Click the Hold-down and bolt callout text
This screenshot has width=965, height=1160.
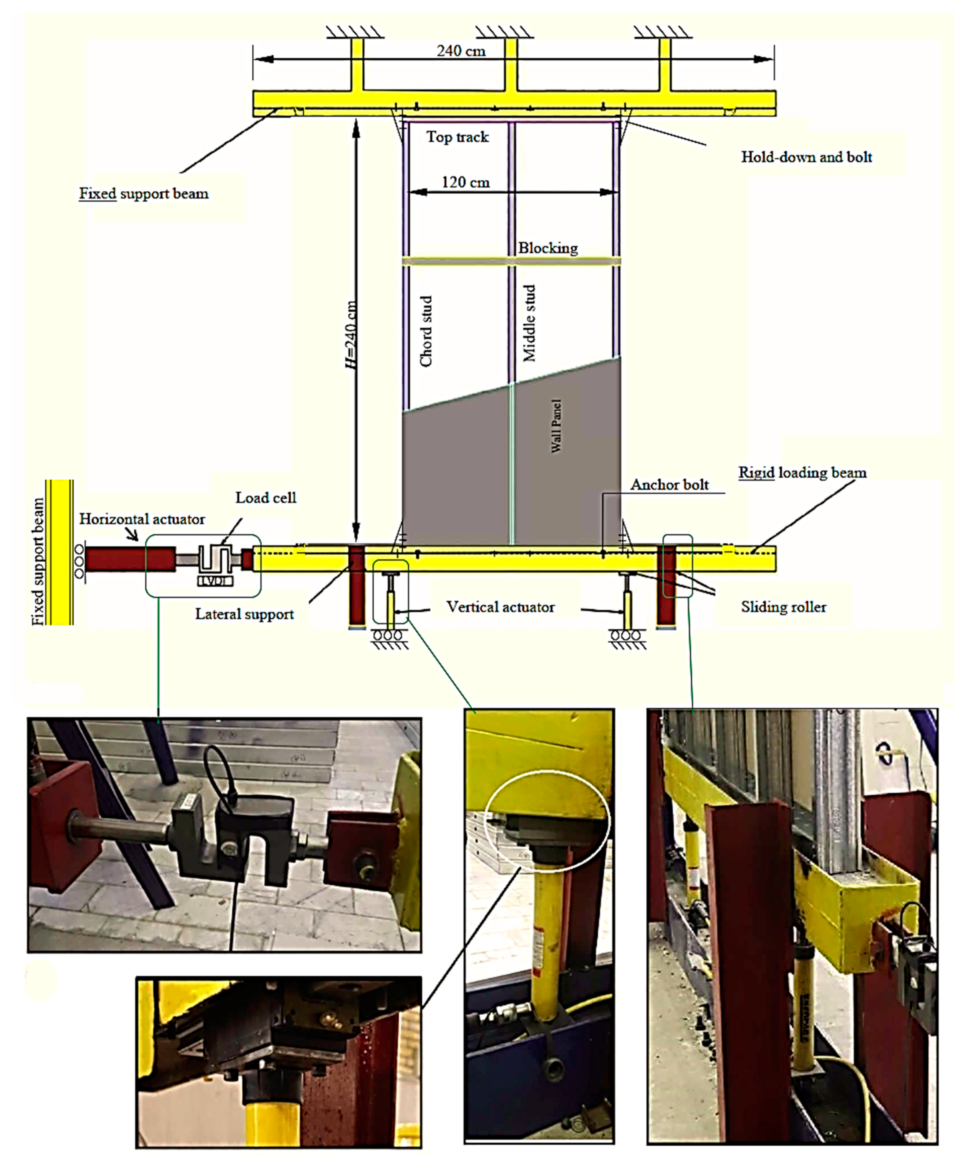point(806,158)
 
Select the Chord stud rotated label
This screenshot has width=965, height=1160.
point(426,331)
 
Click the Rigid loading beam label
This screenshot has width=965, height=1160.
point(802,473)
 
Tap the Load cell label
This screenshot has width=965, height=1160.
point(266,498)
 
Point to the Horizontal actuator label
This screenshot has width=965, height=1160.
point(142,519)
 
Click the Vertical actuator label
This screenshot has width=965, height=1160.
point(500,607)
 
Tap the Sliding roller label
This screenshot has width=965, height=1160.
point(783,607)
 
